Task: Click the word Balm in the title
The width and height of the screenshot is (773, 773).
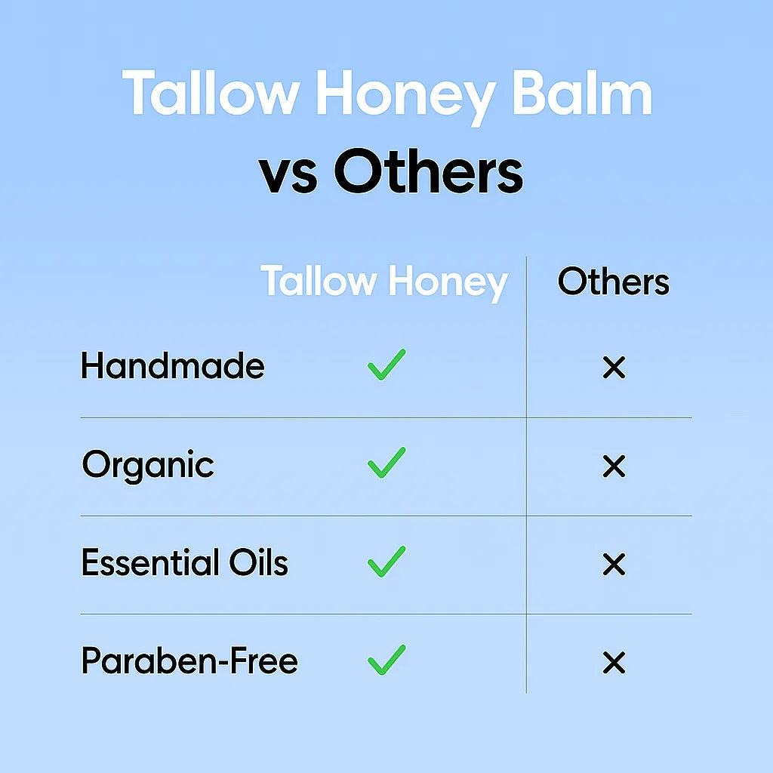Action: click(x=583, y=93)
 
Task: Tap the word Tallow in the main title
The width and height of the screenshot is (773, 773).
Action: click(x=211, y=93)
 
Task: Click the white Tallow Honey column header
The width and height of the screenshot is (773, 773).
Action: click(x=384, y=282)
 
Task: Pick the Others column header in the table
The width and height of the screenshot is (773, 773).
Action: click(x=614, y=282)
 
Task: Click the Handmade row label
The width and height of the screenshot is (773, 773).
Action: click(x=173, y=366)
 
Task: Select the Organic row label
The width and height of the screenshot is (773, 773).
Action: click(x=148, y=465)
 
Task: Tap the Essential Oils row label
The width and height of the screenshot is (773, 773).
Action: click(x=184, y=562)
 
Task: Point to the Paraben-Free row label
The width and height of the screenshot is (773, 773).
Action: click(x=189, y=661)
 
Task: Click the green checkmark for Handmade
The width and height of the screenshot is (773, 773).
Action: click(x=386, y=365)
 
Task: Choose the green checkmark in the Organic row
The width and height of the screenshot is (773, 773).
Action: click(x=386, y=463)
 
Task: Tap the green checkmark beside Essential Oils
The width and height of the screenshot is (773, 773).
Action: click(x=386, y=562)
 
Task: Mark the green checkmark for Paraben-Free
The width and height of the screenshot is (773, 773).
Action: click(x=386, y=661)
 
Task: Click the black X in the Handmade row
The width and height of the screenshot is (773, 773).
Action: click(x=614, y=368)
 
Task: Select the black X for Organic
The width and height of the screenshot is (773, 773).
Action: click(x=614, y=467)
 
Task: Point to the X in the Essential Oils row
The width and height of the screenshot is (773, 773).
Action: click(x=614, y=565)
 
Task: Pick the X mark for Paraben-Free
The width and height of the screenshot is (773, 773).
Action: click(x=614, y=663)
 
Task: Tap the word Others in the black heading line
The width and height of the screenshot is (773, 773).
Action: click(x=429, y=171)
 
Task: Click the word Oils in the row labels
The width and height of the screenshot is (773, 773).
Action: click(x=259, y=562)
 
